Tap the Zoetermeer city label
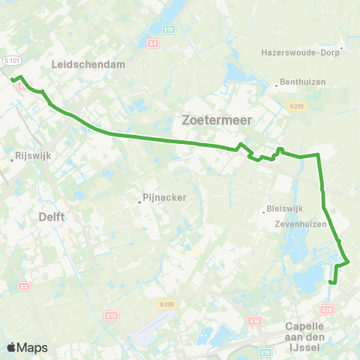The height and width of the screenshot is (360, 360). (217, 119)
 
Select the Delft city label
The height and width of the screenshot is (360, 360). (50, 217)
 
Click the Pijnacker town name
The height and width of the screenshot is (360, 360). (162, 199)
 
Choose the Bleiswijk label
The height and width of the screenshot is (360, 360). (283, 209)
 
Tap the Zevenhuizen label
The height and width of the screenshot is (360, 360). (299, 223)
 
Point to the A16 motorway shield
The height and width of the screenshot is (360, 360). (254, 320)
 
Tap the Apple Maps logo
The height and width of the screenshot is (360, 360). (27, 347)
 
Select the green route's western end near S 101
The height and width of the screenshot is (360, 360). (12, 79)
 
